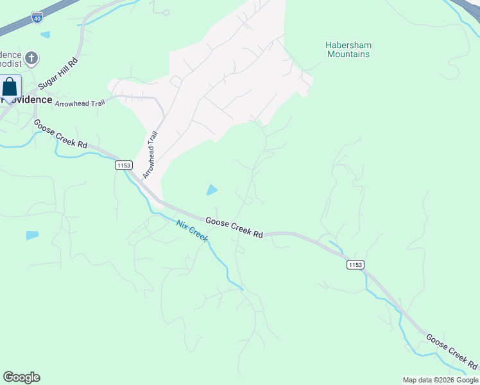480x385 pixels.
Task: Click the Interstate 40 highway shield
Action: (x=38, y=17)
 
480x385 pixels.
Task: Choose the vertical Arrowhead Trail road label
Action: (x=150, y=155)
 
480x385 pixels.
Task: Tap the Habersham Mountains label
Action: (x=348, y=50)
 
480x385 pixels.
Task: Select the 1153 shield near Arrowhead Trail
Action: (x=124, y=166)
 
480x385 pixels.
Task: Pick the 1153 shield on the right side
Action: (x=355, y=264)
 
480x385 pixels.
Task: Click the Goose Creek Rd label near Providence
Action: (x=60, y=134)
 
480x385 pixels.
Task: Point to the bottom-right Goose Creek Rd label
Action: (x=451, y=352)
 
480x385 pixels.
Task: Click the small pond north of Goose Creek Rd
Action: (x=211, y=189)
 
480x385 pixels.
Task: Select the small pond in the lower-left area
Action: (x=32, y=235)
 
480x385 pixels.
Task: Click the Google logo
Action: (x=21, y=377)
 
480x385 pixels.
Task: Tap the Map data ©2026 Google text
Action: (x=440, y=380)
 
